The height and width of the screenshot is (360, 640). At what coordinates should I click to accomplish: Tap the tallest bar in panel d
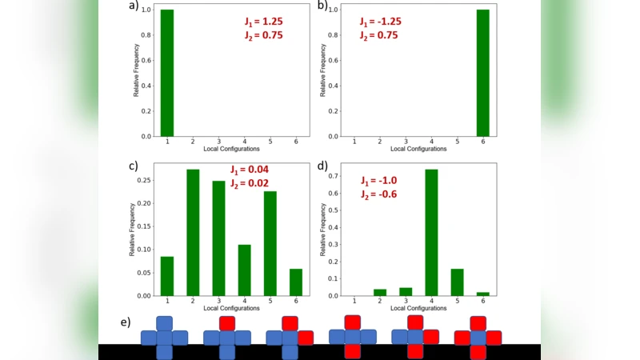[x=431, y=233]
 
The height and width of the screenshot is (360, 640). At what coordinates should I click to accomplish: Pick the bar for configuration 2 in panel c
[x=193, y=233]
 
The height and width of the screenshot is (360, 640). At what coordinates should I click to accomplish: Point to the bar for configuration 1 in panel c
[x=167, y=276]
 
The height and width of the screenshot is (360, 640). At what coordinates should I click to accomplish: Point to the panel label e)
[x=125, y=322]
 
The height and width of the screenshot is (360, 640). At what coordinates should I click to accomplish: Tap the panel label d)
[x=324, y=166]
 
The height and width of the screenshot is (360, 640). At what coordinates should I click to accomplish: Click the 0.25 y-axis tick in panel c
[x=146, y=180]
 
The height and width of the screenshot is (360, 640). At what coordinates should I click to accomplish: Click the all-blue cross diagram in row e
[x=164, y=338]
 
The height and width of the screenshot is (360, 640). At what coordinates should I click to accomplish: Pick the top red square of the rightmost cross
[x=478, y=323]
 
